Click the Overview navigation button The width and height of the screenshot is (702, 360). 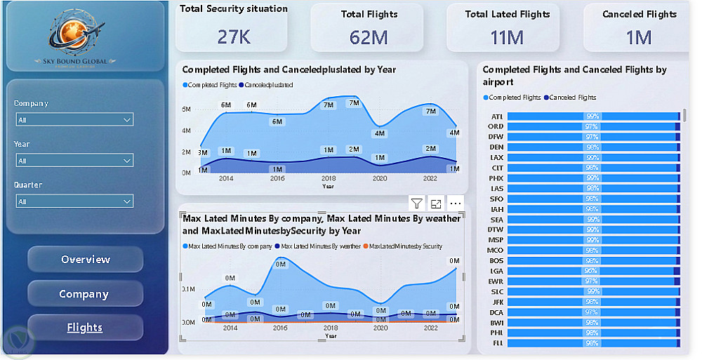pos(85,260)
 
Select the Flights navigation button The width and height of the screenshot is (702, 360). pos(85,328)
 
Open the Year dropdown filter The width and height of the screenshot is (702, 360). pos(74,161)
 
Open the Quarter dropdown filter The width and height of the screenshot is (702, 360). pos(74,201)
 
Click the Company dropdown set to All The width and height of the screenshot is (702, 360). pos(74,120)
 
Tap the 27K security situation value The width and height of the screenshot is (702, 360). pos(234,36)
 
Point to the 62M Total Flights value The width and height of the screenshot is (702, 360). pos(369,37)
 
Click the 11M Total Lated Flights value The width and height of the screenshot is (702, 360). pos(507,37)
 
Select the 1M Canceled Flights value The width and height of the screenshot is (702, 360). pos(639,37)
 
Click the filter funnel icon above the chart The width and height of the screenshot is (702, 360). pos(417,204)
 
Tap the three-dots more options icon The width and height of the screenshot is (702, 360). pos(456,204)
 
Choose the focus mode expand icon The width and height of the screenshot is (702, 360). pos(436,204)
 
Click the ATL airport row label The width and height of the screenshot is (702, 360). pos(497,116)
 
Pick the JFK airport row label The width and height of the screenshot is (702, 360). pos(497,302)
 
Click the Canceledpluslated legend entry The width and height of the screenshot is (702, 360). pos(267,85)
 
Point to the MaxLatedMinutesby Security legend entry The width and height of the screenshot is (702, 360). pos(405,246)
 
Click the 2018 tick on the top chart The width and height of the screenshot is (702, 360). pos(329,179)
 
